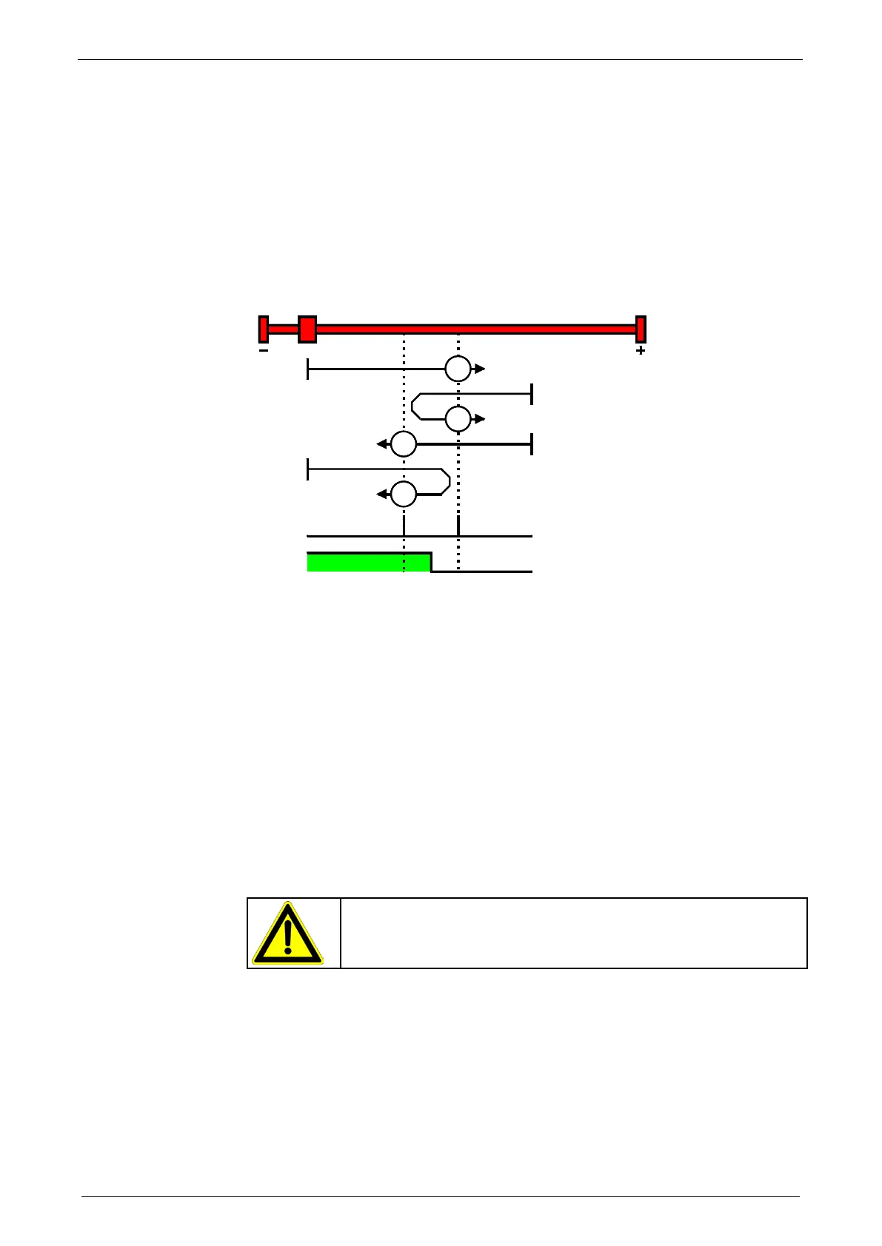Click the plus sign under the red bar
[641, 351]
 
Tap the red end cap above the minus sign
[264, 329]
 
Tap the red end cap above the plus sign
[641, 329]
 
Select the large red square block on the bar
[307, 329]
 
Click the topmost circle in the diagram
[458, 369]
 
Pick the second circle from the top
[458, 419]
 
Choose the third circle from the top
[404, 444]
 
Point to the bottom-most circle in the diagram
[404, 494]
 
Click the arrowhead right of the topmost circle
[480, 369]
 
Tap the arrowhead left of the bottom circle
[381, 494]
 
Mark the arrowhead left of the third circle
[381, 444]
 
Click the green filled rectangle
[368, 563]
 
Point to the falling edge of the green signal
[432, 563]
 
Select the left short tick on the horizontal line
[404, 527]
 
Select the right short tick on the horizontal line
[458, 527]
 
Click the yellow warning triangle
[287, 934]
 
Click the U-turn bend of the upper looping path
[414, 406]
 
